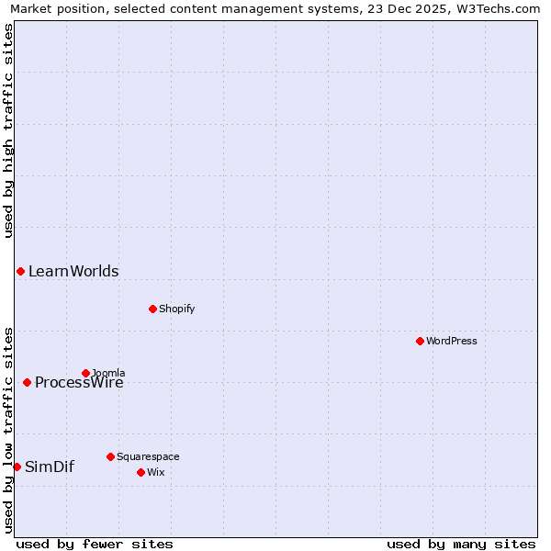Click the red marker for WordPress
(420, 341)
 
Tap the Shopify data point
(152, 309)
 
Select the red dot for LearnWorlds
(20, 271)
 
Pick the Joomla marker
(85, 373)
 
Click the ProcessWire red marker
(27, 382)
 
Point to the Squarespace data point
(110, 456)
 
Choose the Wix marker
(141, 472)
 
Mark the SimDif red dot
(17, 467)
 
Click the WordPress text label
(452, 341)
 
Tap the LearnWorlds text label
(73, 271)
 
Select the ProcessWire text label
(79, 383)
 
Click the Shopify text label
(177, 309)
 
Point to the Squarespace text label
(148, 456)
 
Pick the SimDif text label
(50, 467)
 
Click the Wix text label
(156, 472)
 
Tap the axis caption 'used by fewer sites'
(95, 544)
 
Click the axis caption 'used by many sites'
(461, 544)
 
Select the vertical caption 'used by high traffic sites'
(8, 130)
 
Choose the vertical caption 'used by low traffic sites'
(8, 429)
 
